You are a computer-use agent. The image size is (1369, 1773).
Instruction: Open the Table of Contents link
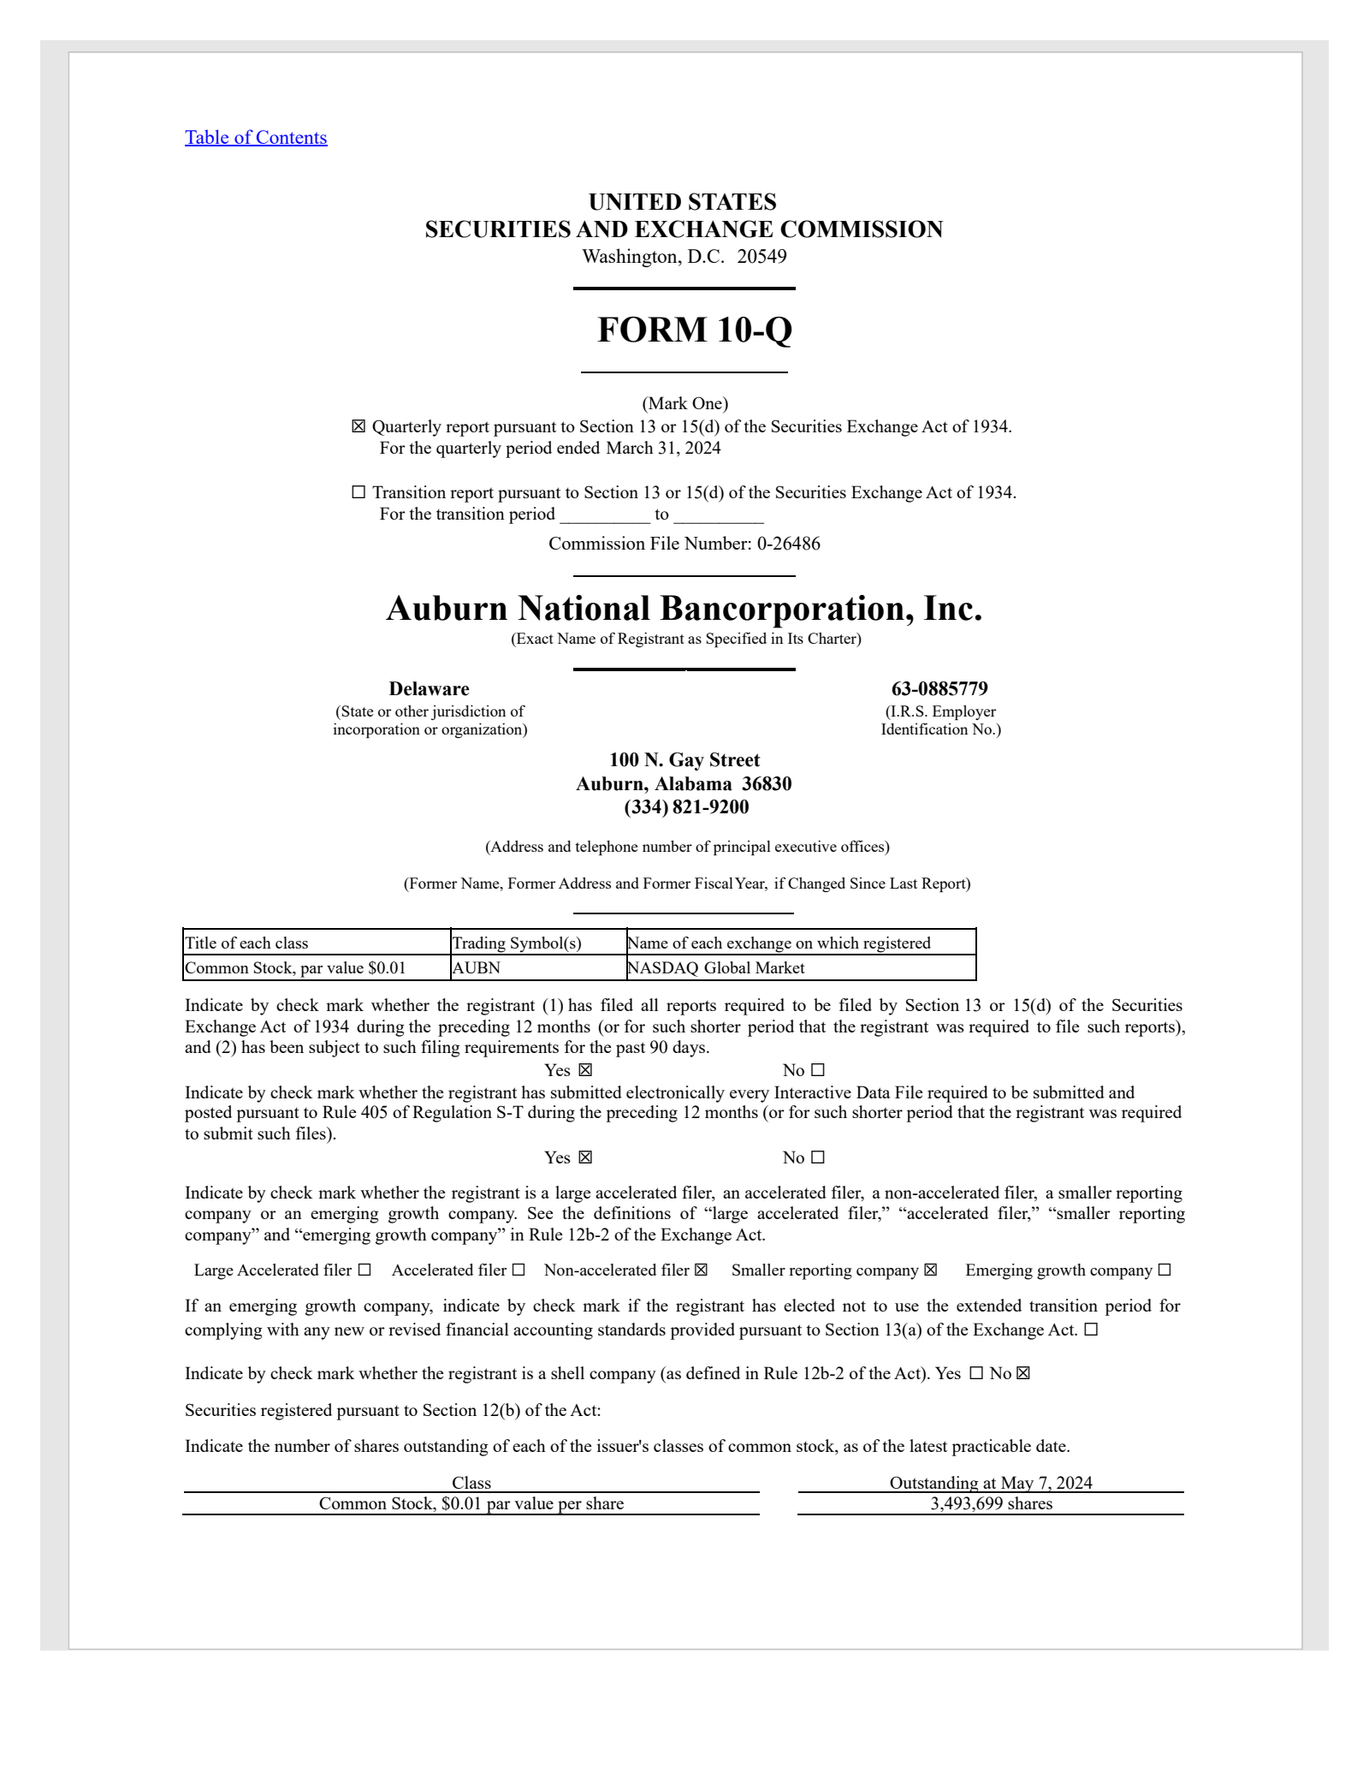point(256,138)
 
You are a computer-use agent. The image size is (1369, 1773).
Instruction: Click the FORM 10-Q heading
point(694,330)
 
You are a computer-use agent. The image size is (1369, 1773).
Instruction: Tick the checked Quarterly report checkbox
point(359,426)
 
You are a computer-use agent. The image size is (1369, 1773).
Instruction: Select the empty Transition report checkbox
point(359,492)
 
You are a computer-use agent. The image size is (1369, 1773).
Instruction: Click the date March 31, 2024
point(663,448)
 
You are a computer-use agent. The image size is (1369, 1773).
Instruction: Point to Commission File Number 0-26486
point(684,544)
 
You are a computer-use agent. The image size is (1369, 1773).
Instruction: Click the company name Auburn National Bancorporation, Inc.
point(684,609)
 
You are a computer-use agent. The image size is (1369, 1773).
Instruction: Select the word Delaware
point(429,689)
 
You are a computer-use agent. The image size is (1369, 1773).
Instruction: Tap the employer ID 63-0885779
point(939,689)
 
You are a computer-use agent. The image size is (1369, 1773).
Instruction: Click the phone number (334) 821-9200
point(686,807)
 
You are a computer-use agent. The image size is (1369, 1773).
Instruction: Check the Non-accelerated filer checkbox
point(701,1270)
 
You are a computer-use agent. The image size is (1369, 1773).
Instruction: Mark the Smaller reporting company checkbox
point(930,1270)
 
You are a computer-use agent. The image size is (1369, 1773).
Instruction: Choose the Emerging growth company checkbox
point(1164,1270)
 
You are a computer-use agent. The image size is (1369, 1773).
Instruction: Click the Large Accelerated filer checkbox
point(364,1270)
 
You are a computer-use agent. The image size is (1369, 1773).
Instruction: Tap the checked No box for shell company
point(1023,1374)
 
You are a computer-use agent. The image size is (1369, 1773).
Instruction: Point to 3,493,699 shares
point(991,1504)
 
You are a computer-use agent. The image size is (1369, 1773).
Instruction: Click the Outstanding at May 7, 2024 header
point(991,1483)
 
